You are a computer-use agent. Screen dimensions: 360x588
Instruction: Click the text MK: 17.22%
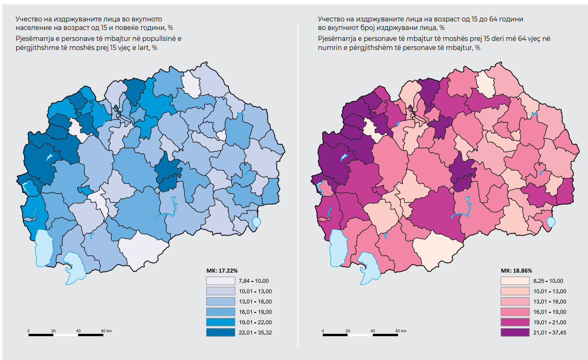point(222,270)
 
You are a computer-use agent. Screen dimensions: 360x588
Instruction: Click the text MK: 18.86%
point(517,270)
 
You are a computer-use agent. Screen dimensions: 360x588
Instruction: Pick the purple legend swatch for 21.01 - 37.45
point(515,332)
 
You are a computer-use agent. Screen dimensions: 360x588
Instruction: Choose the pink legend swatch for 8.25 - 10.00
point(515,281)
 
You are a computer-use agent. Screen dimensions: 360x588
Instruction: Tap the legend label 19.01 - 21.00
point(550,322)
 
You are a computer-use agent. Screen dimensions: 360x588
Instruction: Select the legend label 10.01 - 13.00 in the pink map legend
point(550,291)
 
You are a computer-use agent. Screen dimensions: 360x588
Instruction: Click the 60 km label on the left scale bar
point(106,330)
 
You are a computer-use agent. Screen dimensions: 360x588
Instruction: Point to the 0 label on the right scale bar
point(323,330)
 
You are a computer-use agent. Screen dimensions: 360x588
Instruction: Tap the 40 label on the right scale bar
point(373,330)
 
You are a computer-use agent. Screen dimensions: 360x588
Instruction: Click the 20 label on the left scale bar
point(53,330)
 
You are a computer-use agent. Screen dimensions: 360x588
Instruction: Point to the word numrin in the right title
point(328,48)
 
